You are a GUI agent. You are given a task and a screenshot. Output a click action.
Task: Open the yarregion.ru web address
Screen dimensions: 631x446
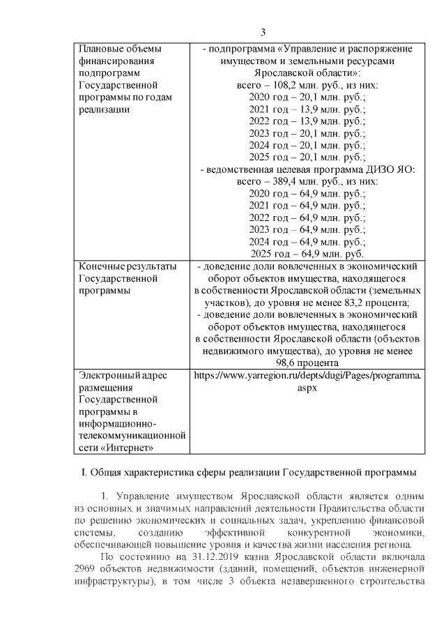pyautogui.click(x=307, y=375)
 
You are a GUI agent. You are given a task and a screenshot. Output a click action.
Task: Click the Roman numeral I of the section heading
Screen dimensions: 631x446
pyautogui.click(x=84, y=474)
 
